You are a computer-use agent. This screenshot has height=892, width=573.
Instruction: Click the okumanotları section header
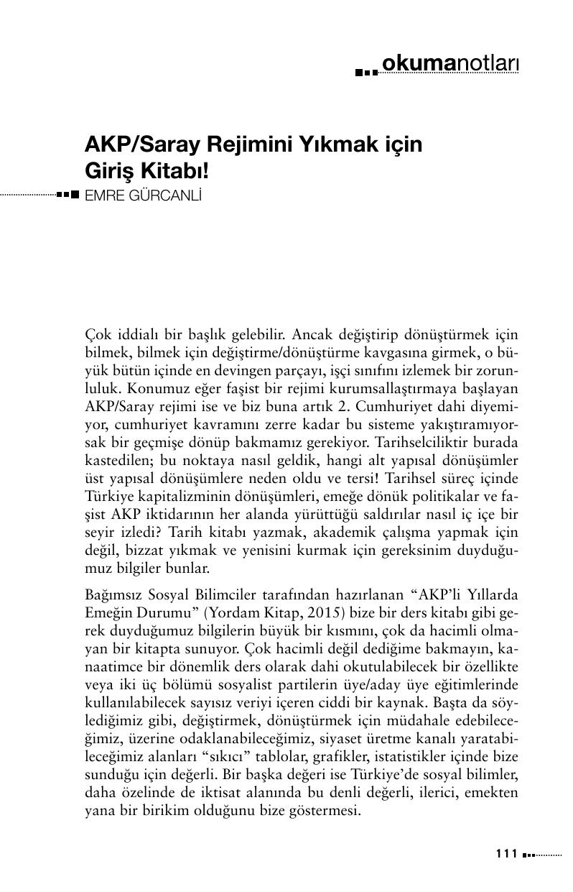coord(450,64)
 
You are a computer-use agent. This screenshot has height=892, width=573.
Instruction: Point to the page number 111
coord(506,854)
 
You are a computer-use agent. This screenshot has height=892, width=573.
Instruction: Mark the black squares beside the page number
coord(528,855)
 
